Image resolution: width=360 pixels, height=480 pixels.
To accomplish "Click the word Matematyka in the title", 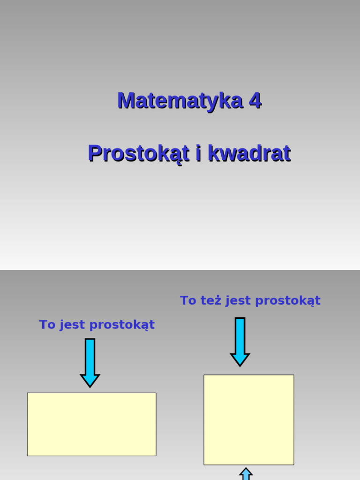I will coord(180,101).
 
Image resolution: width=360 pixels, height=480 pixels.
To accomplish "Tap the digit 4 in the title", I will coord(255,101).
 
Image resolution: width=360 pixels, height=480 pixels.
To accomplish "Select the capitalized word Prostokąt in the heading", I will coord(139,154).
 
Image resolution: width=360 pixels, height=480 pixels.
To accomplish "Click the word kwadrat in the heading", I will coord(249,154).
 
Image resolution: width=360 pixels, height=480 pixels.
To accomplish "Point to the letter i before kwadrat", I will coord(199,154).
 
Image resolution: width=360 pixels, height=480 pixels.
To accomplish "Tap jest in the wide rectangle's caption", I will coord(73,325).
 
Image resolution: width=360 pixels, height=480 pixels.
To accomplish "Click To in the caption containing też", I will coord(188,300).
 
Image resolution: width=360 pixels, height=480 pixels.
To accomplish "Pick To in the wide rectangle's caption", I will coord(47,325).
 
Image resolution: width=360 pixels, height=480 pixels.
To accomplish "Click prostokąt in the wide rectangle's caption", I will coord(122,325).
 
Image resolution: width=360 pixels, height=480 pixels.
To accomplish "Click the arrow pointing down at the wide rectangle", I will coord(90,362).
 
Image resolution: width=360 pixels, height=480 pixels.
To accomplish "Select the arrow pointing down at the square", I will coord(240,341).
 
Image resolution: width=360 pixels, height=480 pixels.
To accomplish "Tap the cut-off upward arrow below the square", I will coord(246,474).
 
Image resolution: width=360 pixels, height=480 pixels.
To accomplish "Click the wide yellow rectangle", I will coord(91,424).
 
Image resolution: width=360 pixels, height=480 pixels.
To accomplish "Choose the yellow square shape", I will coord(249,420).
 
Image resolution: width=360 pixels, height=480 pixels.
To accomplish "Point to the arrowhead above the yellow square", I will coord(240,360).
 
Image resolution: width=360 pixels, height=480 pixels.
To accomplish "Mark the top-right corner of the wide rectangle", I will coord(156,393).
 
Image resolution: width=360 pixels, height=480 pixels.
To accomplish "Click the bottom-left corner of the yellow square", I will coord(204,464).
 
